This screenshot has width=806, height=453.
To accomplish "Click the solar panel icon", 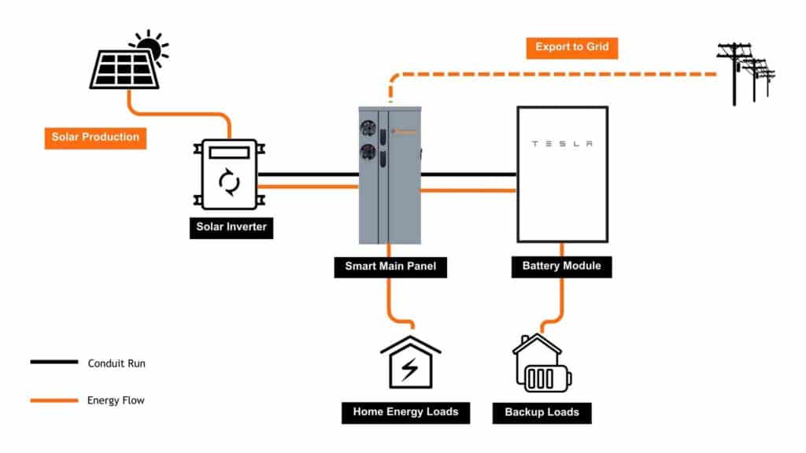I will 124,68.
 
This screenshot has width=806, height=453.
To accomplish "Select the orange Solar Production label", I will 95,137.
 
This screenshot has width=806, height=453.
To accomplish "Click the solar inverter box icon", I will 229,174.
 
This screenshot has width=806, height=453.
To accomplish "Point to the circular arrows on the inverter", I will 229,183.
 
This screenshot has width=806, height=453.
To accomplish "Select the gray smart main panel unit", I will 390,175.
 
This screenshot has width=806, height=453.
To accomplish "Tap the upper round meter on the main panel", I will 368,127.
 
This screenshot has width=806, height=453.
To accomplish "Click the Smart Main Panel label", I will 390,267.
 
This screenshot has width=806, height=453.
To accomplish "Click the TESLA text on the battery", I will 561,144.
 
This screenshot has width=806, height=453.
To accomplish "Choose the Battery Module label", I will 561,266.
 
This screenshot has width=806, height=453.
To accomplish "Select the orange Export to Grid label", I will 571,47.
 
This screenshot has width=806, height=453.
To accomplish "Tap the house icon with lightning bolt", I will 410,363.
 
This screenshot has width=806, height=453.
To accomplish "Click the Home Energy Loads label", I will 405,411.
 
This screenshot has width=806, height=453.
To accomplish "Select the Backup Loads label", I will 542,412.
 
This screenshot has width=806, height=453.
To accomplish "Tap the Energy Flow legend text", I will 116,400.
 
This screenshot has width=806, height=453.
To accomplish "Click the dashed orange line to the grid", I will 551,74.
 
